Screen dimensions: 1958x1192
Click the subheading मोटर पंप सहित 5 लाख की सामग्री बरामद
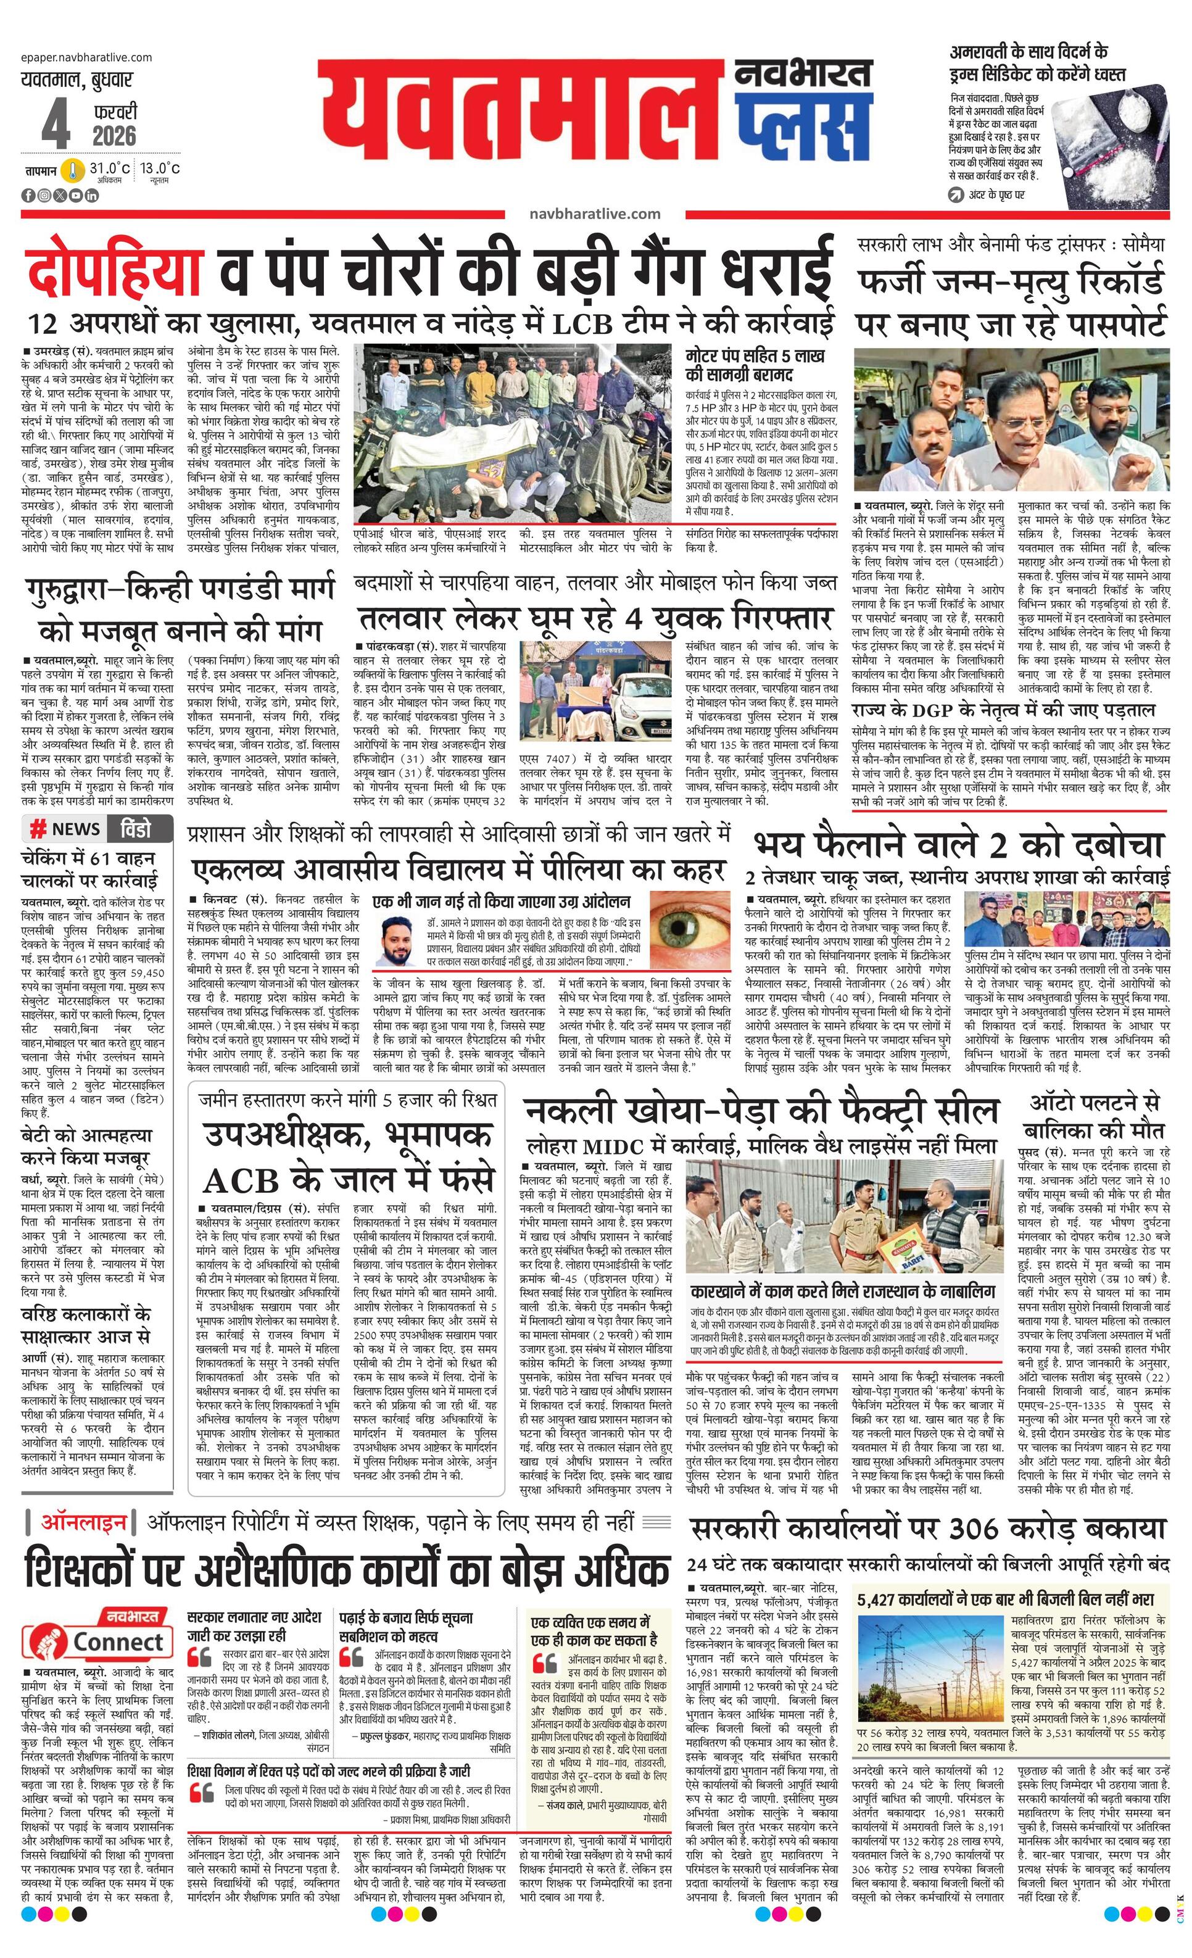pos(755,365)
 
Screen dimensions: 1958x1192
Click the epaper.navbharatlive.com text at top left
pos(86,57)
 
